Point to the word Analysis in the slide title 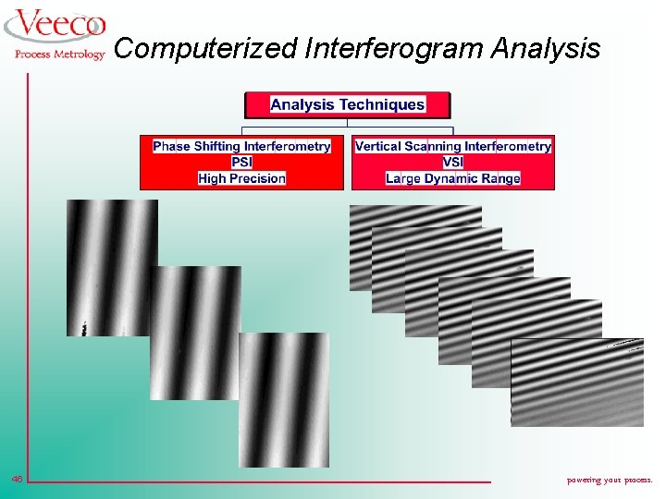548,48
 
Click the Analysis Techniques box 347,104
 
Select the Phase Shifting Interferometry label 241,146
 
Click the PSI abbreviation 241,162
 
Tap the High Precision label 241,177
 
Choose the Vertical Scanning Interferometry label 453,146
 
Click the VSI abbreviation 453,162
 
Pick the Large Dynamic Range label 453,177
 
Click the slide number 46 17,479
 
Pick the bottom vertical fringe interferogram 284,407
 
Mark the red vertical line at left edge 28,277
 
